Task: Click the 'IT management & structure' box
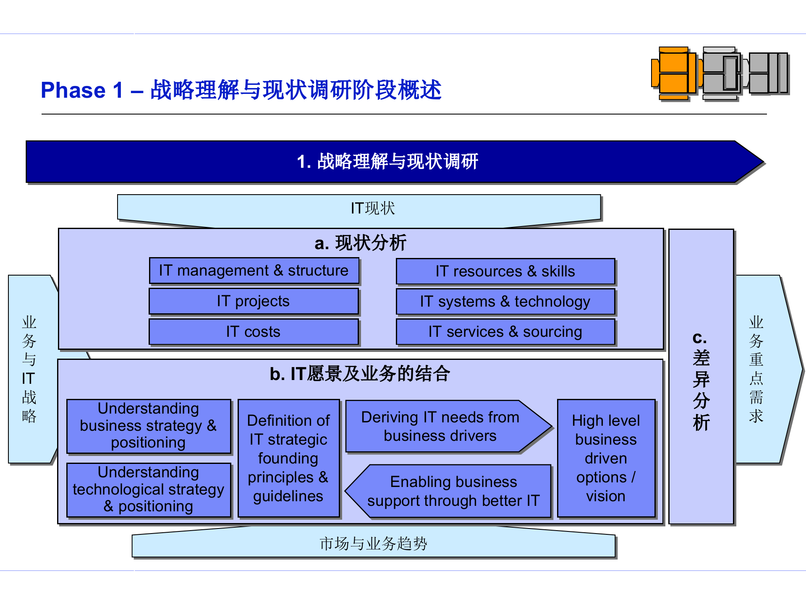point(254,271)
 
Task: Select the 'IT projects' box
point(254,301)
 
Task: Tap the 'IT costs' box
point(254,332)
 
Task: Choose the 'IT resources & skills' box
point(505,271)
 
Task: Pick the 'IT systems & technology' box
point(505,302)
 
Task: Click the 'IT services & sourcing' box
point(505,332)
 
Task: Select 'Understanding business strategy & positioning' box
point(149,426)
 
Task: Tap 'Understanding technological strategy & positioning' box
point(149,489)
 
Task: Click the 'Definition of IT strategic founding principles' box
point(288,458)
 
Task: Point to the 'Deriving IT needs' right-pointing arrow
point(441,426)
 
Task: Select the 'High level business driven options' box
point(606,458)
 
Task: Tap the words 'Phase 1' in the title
point(82,90)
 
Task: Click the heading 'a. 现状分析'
point(360,243)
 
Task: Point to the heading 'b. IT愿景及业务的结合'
point(360,374)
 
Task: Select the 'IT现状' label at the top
point(373,208)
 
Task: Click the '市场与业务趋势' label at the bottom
point(373,544)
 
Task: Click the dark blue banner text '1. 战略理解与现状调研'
point(387,161)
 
